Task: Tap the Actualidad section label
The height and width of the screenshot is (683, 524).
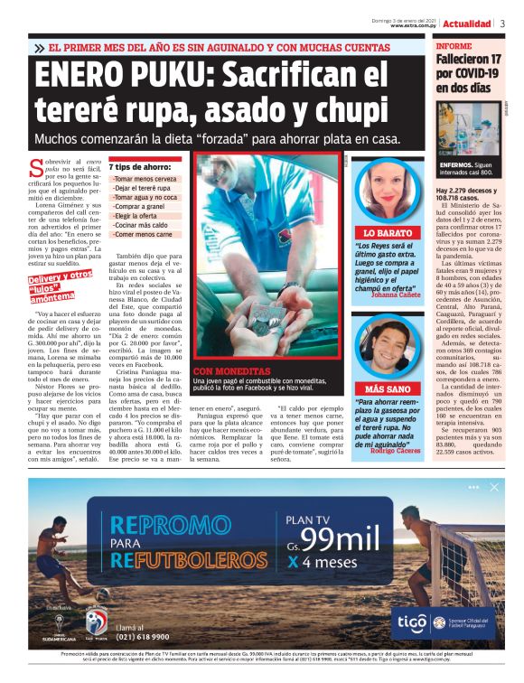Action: (467, 23)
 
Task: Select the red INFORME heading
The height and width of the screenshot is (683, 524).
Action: (454, 45)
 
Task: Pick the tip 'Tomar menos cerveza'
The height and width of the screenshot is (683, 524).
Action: (145, 180)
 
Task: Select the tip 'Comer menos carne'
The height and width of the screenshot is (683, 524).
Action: (145, 233)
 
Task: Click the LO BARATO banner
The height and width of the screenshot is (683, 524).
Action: (388, 232)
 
